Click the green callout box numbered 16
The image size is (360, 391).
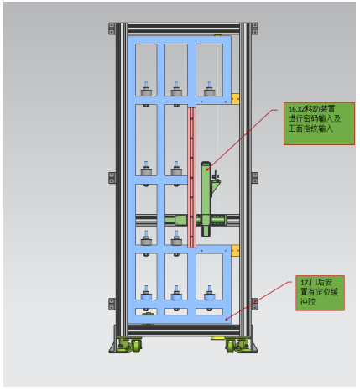click(x=319, y=123)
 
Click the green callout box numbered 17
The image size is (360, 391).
click(x=320, y=293)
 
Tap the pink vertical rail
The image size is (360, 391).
click(x=191, y=178)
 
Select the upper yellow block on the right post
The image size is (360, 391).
click(x=235, y=99)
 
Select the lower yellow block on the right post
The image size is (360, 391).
click(x=235, y=251)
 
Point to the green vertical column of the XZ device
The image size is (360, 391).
click(x=206, y=199)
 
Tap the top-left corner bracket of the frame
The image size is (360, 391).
click(x=112, y=29)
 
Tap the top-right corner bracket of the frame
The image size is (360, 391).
click(x=255, y=29)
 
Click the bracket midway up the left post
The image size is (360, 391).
click(x=112, y=178)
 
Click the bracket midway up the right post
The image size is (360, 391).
click(x=255, y=178)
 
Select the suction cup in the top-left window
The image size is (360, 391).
click(x=146, y=90)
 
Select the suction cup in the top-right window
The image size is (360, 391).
click(x=209, y=90)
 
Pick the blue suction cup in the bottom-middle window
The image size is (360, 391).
click(x=176, y=293)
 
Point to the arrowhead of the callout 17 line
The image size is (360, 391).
click(x=227, y=319)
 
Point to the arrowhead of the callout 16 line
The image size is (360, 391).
click(x=208, y=169)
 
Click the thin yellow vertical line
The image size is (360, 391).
click(x=217, y=179)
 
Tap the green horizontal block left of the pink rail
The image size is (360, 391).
click(x=181, y=220)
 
